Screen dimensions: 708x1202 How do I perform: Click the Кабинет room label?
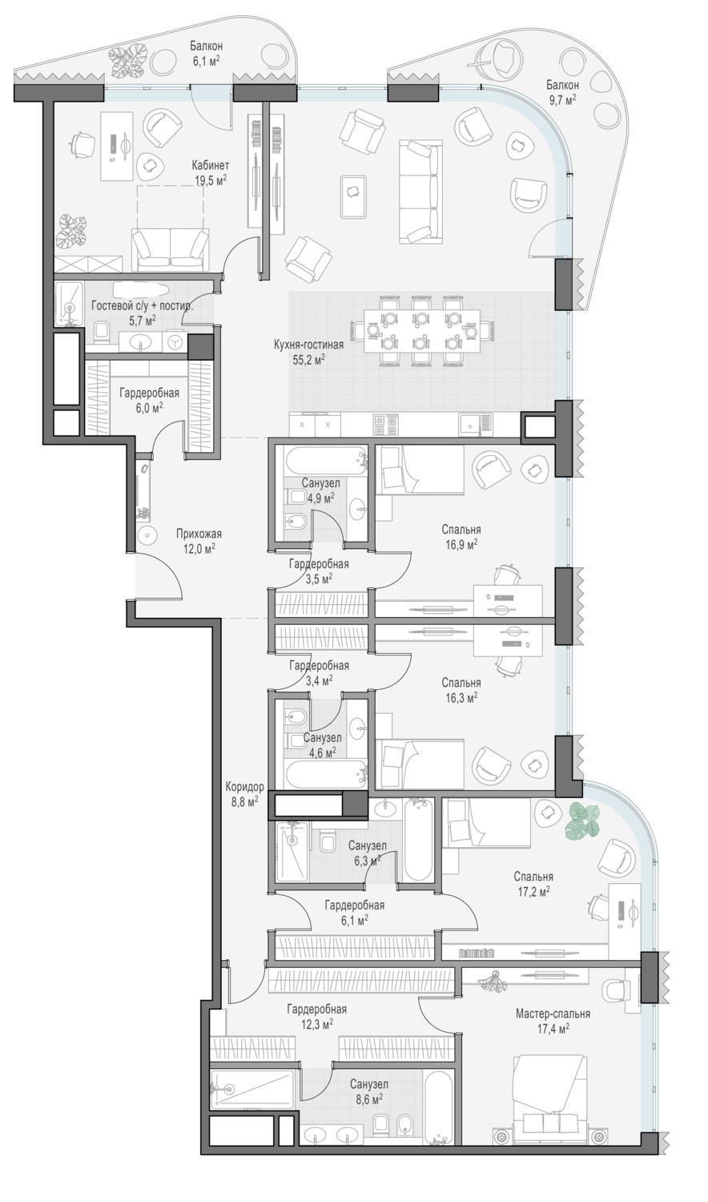tap(211, 165)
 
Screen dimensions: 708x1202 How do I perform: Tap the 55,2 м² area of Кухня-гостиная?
tap(308, 360)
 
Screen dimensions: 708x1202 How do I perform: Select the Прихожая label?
tap(199, 534)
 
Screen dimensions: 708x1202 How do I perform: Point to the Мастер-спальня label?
tap(553, 1014)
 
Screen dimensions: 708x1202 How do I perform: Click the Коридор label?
tap(244, 787)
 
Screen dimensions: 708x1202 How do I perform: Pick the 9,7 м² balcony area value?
tap(562, 99)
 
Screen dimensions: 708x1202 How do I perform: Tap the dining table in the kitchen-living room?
tap(422, 331)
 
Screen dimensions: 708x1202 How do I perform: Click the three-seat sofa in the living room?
tap(421, 192)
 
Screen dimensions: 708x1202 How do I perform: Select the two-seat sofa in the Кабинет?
tap(171, 249)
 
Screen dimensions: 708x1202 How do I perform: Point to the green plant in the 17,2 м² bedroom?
tap(582, 820)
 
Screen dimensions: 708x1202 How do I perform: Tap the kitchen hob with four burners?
tap(386, 425)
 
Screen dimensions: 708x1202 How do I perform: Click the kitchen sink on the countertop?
tap(475, 425)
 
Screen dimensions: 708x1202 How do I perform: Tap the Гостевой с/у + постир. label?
tap(142, 306)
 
